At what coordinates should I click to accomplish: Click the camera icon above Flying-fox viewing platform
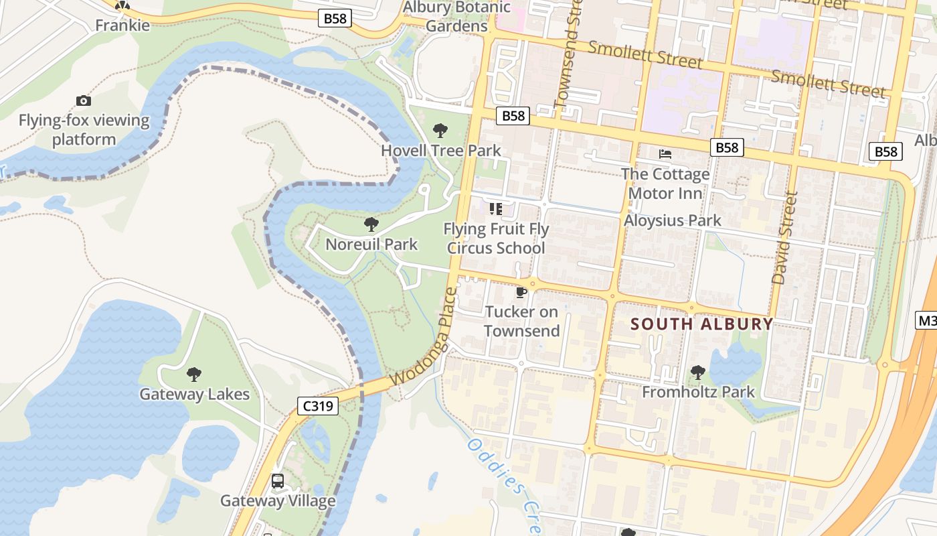pyautogui.click(x=84, y=100)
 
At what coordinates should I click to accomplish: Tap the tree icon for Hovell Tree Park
pyautogui.click(x=440, y=130)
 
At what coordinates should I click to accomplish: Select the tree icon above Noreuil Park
pyautogui.click(x=371, y=224)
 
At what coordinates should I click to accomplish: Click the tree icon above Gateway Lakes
pyautogui.click(x=194, y=374)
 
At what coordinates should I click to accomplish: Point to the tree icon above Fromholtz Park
pyautogui.click(x=697, y=371)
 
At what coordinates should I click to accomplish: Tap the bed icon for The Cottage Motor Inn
pyautogui.click(x=665, y=154)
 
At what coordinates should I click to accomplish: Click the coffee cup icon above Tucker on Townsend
pyautogui.click(x=521, y=292)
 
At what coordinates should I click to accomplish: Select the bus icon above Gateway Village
pyautogui.click(x=278, y=480)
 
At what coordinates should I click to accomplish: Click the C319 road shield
pyautogui.click(x=318, y=405)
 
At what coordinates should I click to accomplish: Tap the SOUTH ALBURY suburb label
pyautogui.click(x=702, y=324)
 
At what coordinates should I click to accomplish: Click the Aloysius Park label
pyautogui.click(x=673, y=220)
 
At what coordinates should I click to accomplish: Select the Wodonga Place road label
pyautogui.click(x=424, y=336)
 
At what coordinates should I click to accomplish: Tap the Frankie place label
pyautogui.click(x=122, y=25)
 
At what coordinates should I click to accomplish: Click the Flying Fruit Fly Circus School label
pyautogui.click(x=496, y=239)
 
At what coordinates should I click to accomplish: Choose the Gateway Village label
pyautogui.click(x=278, y=500)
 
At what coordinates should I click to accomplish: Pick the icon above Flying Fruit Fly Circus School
pyautogui.click(x=496, y=209)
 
